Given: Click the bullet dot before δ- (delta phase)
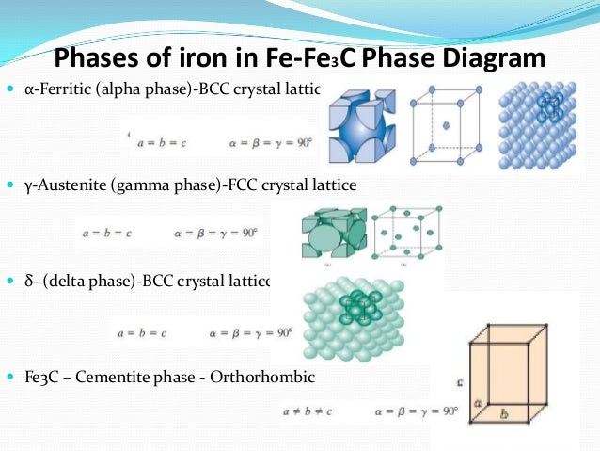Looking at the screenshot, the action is [11, 282].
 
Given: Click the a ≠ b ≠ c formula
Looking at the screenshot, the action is [314, 411].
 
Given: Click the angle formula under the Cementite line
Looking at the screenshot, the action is [414, 411].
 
